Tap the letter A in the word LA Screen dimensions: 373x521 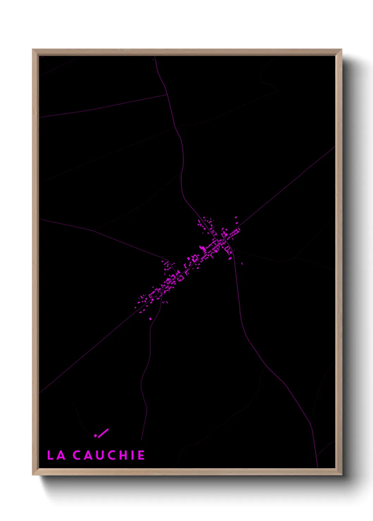click(x=61, y=455)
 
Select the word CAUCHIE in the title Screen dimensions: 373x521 click(x=109, y=455)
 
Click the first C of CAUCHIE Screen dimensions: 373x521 click(x=77, y=455)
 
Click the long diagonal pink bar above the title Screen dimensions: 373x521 click(x=103, y=433)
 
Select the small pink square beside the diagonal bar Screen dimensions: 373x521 click(x=95, y=436)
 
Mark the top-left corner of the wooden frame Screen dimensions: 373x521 click(x=33, y=50)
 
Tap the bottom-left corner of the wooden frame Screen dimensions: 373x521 click(x=33, y=475)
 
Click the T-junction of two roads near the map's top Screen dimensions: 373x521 click(x=167, y=94)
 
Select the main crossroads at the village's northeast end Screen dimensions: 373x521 click(x=225, y=240)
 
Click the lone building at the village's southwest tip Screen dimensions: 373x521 click(x=151, y=319)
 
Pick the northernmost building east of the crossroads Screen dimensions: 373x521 click(x=236, y=218)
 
